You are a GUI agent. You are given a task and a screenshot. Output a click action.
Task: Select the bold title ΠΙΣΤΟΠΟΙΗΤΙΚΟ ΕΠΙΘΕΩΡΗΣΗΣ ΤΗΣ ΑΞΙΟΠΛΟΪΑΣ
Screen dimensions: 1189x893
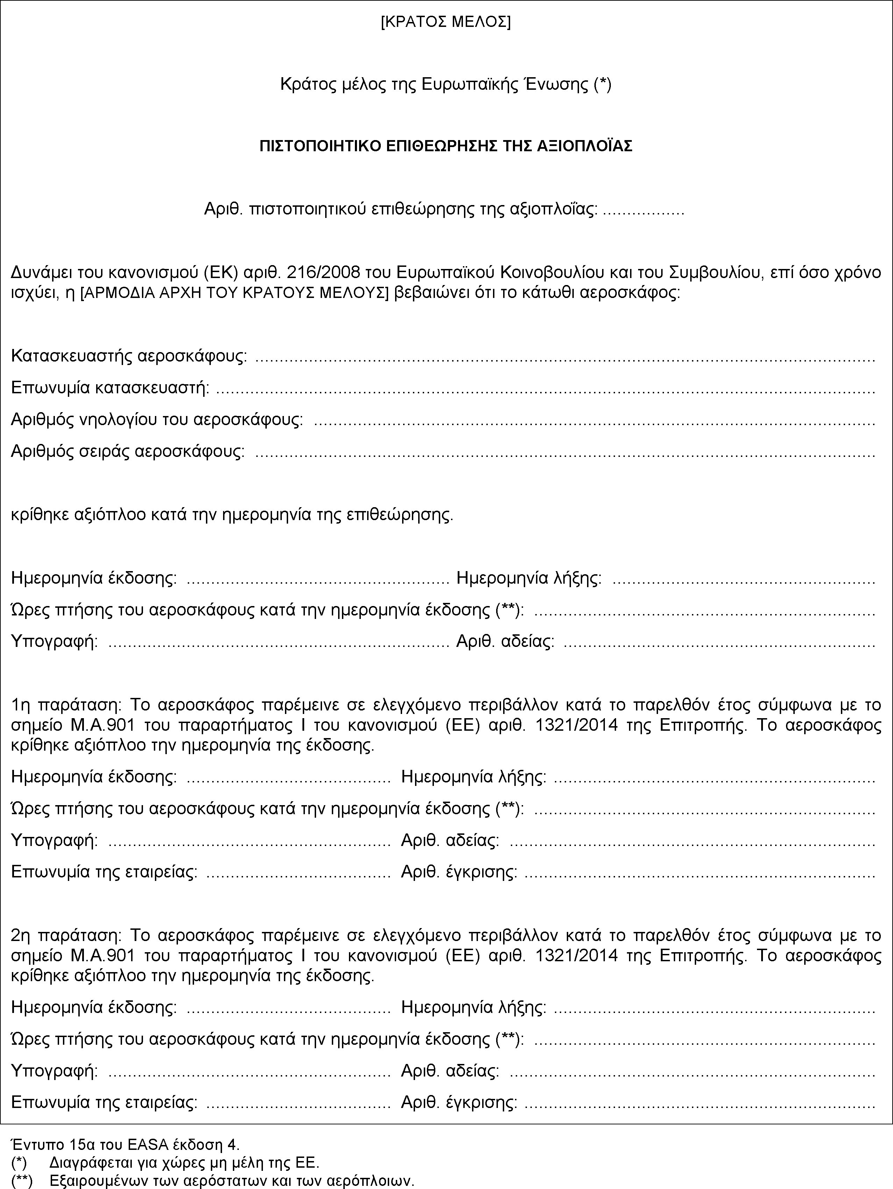click(446, 146)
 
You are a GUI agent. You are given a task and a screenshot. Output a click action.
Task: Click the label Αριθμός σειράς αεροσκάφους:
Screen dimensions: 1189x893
click(128, 451)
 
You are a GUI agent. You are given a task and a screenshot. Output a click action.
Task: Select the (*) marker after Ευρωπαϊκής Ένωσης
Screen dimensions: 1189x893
click(602, 85)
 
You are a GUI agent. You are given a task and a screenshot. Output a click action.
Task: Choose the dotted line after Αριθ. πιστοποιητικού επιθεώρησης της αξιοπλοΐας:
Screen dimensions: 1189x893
click(643, 209)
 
